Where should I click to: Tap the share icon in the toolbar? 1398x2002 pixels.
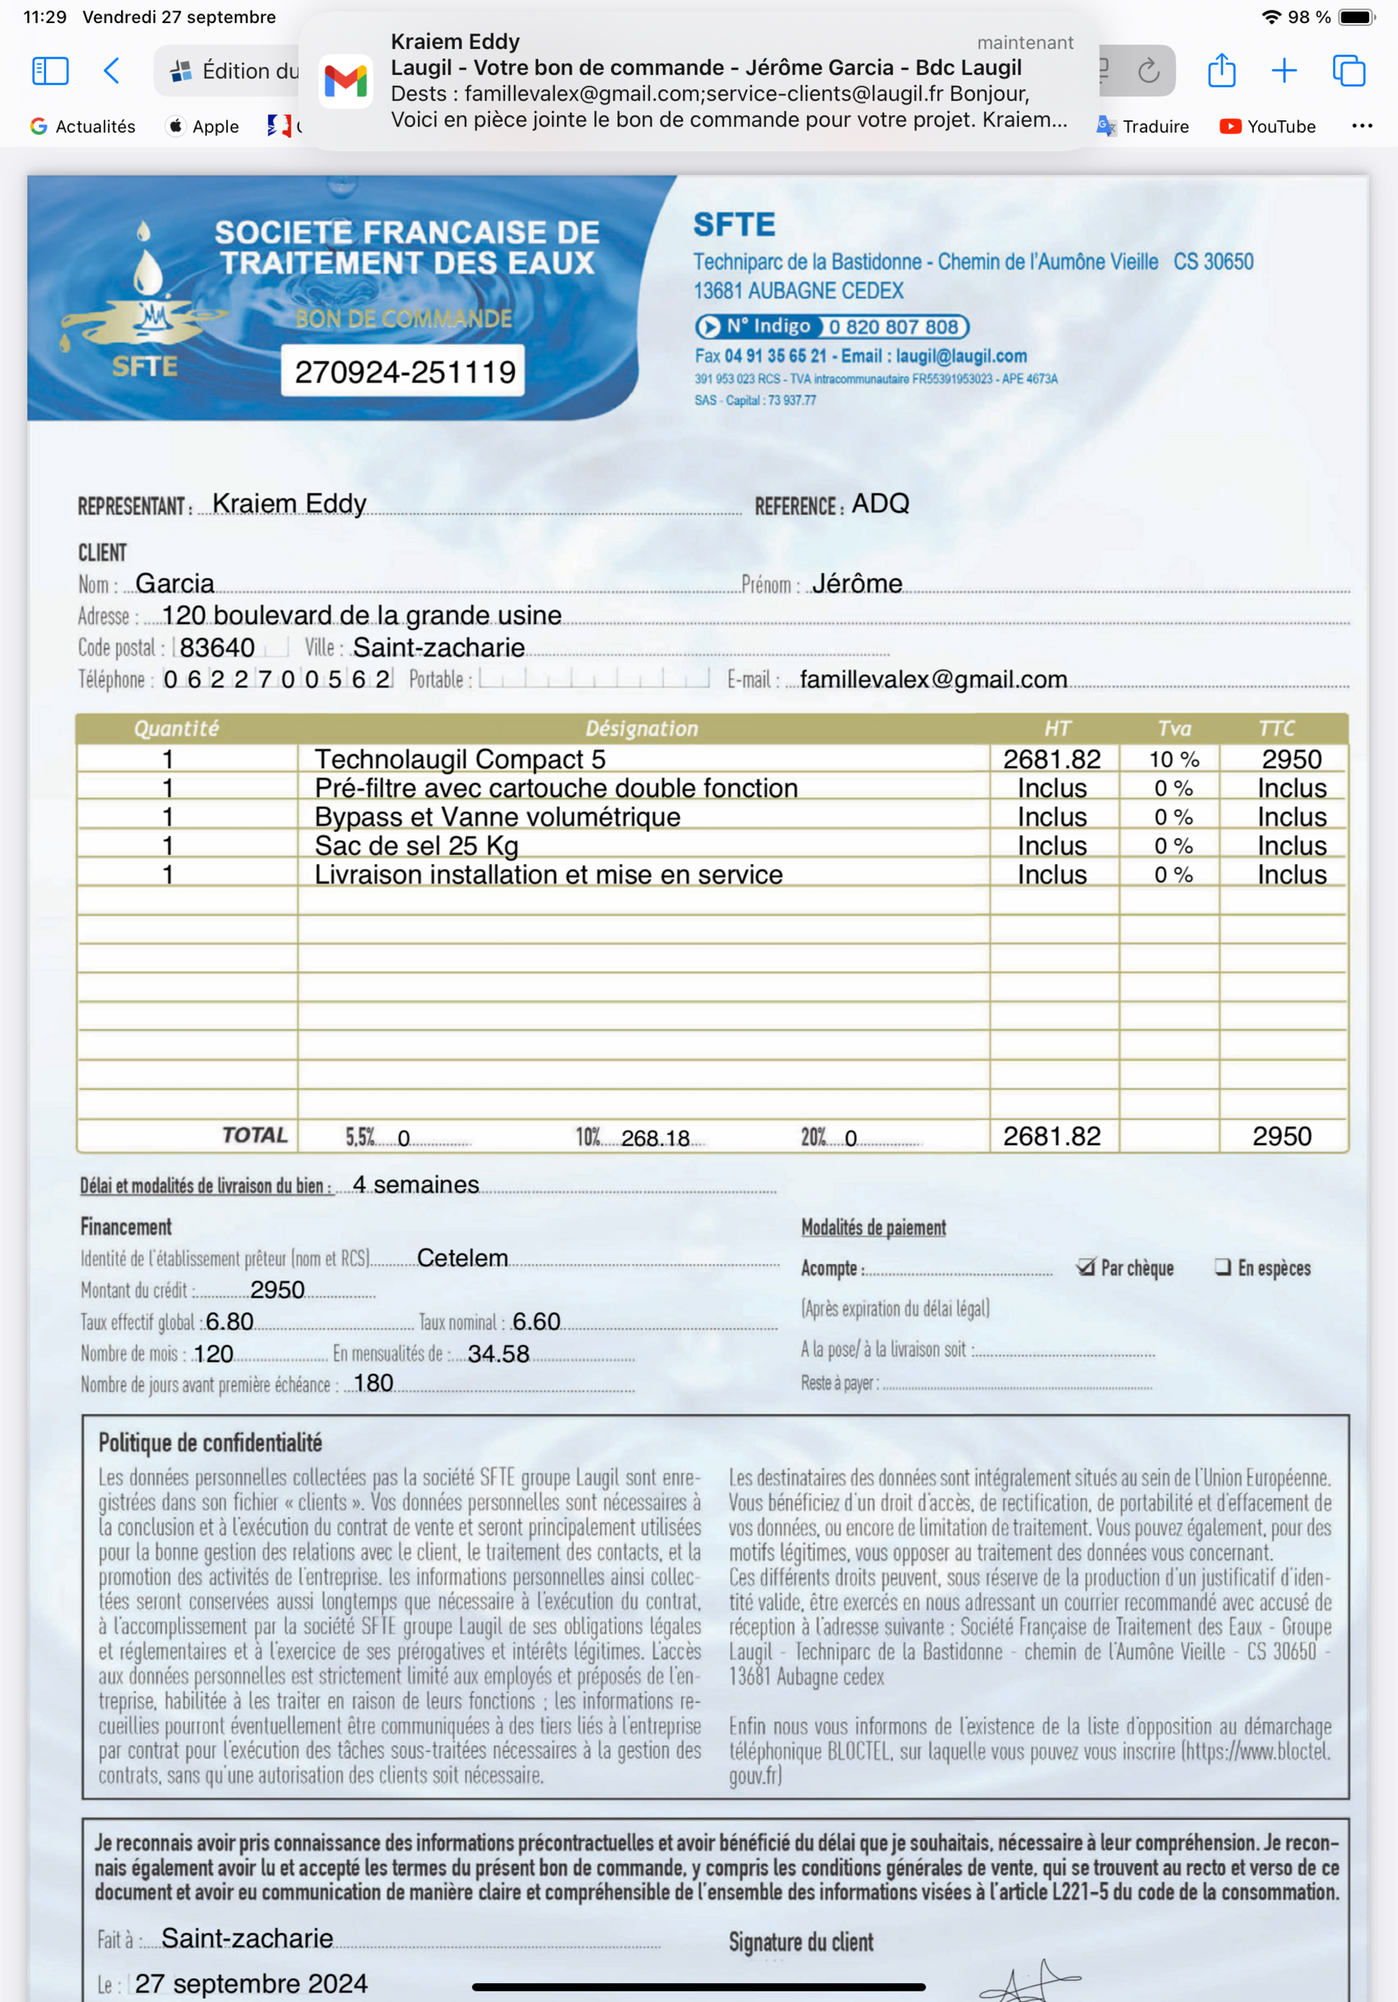(x=1221, y=71)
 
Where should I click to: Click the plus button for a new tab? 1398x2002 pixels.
(x=1284, y=71)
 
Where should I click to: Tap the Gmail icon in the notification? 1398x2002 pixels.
(x=345, y=81)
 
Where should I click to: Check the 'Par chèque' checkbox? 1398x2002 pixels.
(x=1086, y=1266)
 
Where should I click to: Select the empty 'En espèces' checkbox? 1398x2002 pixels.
(x=1223, y=1266)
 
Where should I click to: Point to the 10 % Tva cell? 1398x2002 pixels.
(x=1173, y=759)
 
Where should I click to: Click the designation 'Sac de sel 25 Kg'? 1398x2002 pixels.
(x=416, y=846)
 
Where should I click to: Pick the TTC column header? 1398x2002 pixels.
(x=1276, y=728)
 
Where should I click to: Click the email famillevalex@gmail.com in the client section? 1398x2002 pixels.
(x=932, y=679)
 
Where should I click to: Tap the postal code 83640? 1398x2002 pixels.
(x=217, y=647)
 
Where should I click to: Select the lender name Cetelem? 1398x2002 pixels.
(x=462, y=1258)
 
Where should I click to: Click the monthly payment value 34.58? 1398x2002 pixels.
(x=498, y=1353)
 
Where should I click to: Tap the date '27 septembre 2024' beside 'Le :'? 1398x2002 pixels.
(x=251, y=1983)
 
